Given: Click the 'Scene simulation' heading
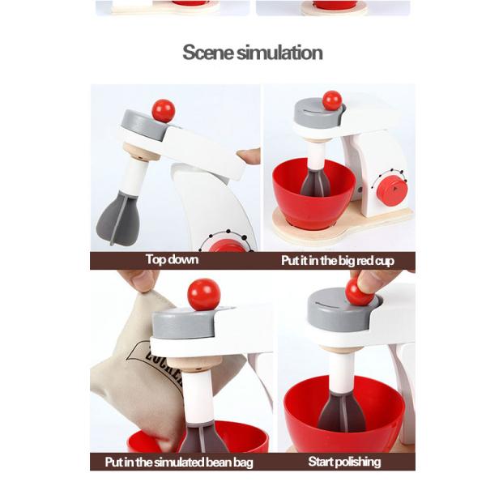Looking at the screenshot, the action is [x=252, y=53].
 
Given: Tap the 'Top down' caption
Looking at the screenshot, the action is [x=172, y=260].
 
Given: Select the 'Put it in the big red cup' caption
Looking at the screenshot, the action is [x=338, y=261].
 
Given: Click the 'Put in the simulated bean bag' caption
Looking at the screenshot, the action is [x=179, y=463].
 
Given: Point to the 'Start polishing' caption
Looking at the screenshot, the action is [x=344, y=462].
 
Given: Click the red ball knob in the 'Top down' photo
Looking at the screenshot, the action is [x=164, y=111].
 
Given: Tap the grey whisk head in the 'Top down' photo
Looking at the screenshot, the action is [x=119, y=219].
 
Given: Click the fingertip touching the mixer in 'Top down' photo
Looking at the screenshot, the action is [x=249, y=156].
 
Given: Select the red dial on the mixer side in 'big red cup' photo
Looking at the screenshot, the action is [x=392, y=190].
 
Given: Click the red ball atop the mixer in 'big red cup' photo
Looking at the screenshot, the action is [x=332, y=100].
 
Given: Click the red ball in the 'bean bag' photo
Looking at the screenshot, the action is [x=204, y=295].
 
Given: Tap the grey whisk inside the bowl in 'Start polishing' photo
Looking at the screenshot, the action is [x=342, y=412].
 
